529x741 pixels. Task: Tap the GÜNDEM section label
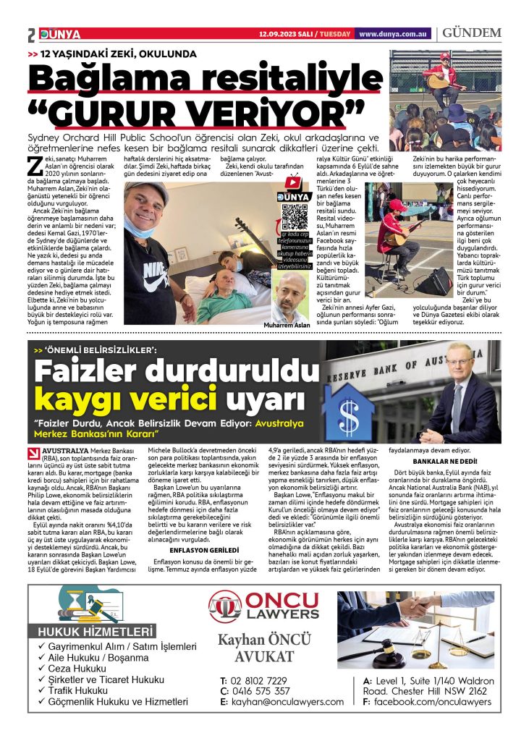(x=472, y=33)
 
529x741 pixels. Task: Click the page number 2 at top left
(x=32, y=35)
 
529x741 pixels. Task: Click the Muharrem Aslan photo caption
(x=287, y=325)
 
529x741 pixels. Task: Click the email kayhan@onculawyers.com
(x=287, y=702)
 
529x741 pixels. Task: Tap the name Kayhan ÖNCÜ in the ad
(x=264, y=640)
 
